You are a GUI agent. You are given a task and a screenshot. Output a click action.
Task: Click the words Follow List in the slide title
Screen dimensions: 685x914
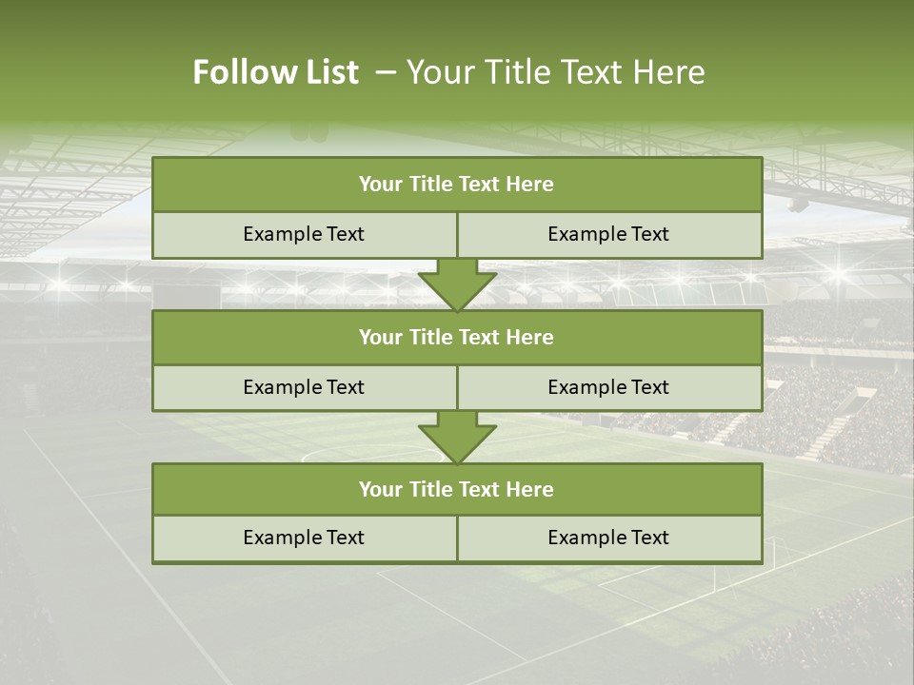(275, 72)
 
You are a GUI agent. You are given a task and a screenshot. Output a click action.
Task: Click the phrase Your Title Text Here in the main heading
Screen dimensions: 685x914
(556, 72)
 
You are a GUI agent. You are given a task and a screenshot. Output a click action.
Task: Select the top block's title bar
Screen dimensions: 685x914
(457, 185)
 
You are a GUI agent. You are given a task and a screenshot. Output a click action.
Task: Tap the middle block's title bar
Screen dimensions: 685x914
(457, 337)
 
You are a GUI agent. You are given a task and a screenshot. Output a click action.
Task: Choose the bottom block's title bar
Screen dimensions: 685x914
(457, 489)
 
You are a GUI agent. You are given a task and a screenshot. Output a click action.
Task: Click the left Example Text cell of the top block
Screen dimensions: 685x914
(304, 234)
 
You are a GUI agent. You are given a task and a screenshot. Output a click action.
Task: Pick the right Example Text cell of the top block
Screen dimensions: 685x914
(608, 234)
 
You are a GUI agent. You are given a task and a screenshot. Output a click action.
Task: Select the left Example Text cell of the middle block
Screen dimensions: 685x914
(304, 387)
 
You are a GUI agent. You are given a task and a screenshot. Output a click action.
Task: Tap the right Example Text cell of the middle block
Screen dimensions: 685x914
(608, 387)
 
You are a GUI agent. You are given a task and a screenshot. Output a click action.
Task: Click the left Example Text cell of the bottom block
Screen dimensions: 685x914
(304, 538)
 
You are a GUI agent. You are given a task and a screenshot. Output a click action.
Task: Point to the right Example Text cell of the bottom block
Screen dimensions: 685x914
(608, 538)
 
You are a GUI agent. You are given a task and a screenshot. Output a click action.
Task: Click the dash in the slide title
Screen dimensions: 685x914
(386, 72)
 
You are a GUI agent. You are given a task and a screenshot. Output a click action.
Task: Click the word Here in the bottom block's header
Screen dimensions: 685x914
(530, 489)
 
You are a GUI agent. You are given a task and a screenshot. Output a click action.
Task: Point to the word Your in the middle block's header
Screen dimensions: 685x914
(381, 337)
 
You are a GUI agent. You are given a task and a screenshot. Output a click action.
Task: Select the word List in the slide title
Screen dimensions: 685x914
(328, 72)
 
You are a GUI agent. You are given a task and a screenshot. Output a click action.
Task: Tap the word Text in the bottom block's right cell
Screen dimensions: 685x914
(649, 538)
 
